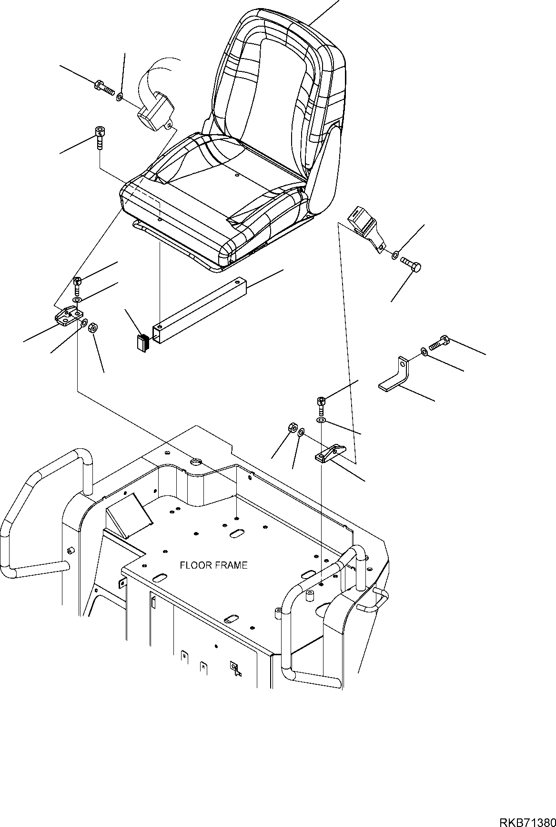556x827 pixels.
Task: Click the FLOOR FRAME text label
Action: [213, 565]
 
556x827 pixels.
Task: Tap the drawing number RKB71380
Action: [527, 809]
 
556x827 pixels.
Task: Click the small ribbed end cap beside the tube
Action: [141, 344]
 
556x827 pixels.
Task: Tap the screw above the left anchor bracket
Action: [77, 285]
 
